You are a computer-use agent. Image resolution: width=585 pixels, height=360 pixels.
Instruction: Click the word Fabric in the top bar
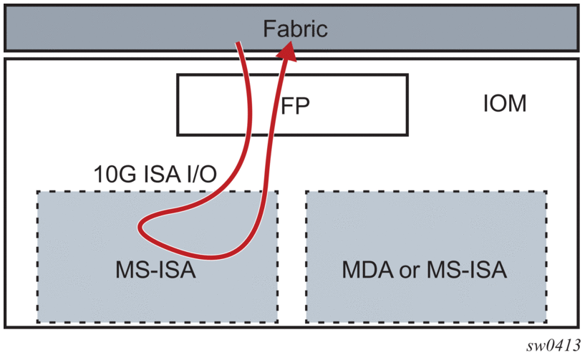tap(294, 29)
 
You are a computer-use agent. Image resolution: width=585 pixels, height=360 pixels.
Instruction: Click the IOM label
tap(505, 104)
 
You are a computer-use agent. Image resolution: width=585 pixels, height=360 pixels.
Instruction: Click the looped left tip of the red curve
tap(140, 229)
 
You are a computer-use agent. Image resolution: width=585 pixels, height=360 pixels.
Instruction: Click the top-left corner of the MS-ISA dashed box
tap(38, 192)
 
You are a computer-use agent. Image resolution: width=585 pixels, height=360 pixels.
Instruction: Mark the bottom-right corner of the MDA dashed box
tap(548, 321)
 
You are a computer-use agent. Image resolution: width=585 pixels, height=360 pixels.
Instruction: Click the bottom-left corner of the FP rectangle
tap(178, 135)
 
